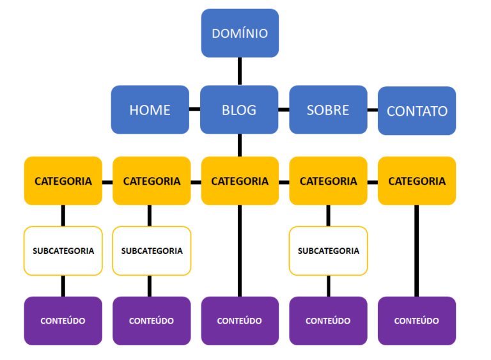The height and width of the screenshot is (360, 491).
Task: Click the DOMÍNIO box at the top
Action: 240,33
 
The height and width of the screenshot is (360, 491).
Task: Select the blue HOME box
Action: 150,110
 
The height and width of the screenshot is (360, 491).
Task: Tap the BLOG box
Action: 239,110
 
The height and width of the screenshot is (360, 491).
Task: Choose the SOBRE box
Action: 328,110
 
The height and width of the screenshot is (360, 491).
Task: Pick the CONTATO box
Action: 417,111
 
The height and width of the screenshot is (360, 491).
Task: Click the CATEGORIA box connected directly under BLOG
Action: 240,181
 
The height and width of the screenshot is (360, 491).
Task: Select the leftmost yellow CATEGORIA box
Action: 63,181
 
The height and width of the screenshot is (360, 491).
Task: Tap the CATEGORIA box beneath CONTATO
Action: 417,181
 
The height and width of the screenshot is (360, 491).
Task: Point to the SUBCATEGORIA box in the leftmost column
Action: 63,251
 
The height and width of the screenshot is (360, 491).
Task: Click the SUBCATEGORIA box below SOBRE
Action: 328,251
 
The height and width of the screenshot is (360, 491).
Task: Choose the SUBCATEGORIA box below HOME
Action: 152,251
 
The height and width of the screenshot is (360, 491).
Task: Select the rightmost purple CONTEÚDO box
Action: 417,320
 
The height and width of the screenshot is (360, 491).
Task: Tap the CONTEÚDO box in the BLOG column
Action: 240,320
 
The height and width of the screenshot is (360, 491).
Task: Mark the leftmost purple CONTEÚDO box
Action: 63,320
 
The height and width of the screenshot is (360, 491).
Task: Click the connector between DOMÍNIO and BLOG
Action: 240,72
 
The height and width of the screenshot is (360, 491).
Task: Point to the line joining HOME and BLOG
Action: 194,109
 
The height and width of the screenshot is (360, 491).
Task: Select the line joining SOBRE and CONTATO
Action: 373,109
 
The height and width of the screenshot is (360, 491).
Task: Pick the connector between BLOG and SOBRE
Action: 284,109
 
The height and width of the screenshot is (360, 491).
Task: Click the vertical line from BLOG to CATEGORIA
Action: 240,145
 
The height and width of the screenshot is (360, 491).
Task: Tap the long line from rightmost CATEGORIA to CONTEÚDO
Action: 417,251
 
